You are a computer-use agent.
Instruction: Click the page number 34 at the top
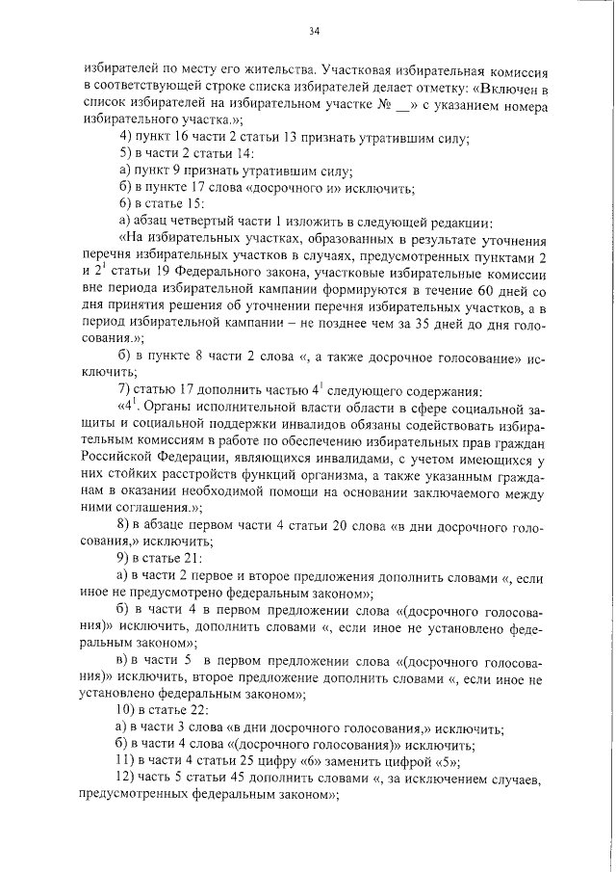coord(314,31)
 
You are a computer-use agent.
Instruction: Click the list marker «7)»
coord(123,389)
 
